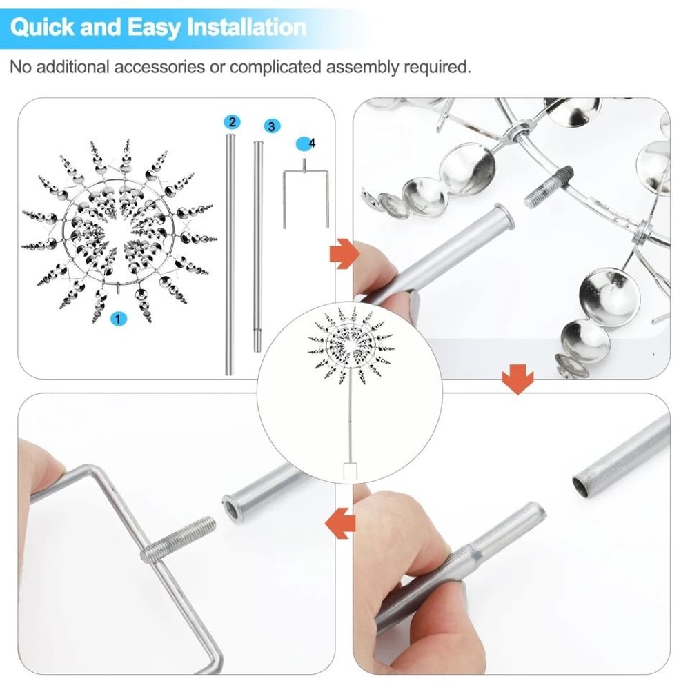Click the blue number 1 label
click(x=119, y=318)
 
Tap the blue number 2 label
click(x=232, y=122)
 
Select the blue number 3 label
click(x=271, y=126)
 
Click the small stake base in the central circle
click(x=350, y=471)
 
